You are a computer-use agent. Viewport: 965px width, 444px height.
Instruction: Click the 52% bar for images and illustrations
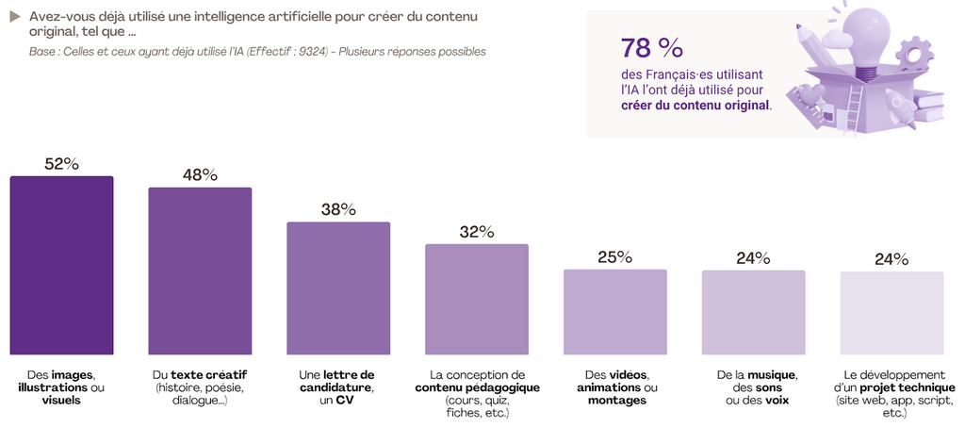coord(61,265)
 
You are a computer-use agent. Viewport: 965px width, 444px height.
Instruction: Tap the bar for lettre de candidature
coord(338,288)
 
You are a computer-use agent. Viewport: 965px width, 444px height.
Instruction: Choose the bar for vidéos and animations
coord(615,311)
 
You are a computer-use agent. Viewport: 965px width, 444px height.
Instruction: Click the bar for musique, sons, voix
coord(754,312)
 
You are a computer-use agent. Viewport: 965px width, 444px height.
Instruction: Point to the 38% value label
coord(338,209)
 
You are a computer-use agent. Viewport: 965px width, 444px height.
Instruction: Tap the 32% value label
coord(477,232)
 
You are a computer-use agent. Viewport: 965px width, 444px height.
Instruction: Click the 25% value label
coord(615,256)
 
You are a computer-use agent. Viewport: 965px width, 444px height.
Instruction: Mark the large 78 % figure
coord(651,48)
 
